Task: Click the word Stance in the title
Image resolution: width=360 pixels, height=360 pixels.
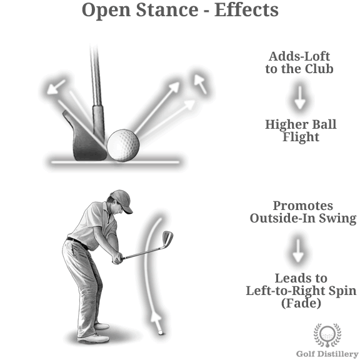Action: point(167,9)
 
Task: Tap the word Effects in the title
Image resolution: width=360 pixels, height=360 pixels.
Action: point(246,9)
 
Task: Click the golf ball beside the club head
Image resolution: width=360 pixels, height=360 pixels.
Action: point(123,145)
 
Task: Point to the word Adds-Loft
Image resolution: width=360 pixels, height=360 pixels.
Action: point(299,56)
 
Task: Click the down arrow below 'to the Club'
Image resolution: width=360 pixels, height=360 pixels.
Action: point(299,97)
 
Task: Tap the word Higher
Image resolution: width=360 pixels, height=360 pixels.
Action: point(283,124)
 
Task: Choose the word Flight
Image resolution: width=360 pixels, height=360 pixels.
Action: point(301,137)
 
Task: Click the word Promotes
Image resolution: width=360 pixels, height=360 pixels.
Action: point(303,206)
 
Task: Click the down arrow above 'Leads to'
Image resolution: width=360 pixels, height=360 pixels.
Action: point(298,251)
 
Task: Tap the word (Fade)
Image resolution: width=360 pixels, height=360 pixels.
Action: point(301,303)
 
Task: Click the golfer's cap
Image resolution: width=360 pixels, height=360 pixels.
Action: point(122,201)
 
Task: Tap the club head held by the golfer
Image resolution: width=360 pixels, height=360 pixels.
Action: point(167,239)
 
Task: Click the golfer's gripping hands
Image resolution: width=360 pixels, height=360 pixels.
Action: point(117,258)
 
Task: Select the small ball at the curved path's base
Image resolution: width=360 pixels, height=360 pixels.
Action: point(161,332)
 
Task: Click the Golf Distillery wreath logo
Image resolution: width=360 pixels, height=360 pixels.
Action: point(327,335)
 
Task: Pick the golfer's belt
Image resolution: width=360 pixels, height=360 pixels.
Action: point(77,243)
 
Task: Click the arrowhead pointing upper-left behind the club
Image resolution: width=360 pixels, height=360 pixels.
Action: point(54,88)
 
